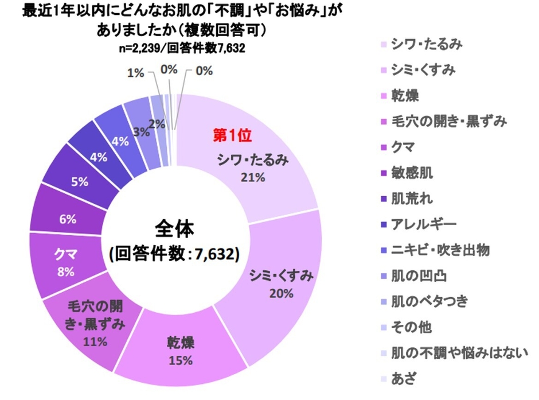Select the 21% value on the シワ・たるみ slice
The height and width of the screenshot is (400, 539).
[253, 178]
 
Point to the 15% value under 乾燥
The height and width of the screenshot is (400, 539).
[181, 361]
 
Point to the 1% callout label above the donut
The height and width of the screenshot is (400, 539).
[135, 73]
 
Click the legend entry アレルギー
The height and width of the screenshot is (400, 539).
[424, 224]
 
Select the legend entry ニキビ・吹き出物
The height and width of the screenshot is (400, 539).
[440, 250]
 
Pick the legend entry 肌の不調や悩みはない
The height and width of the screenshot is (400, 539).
[458, 352]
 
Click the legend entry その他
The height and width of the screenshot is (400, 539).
[411, 327]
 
